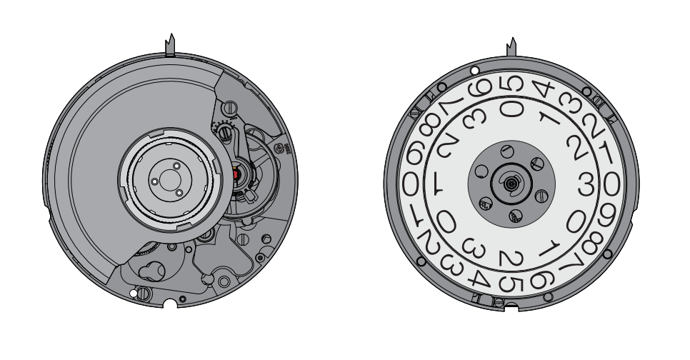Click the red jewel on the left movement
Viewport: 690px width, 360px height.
pos(236,175)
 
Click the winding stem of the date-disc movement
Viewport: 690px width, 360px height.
pos(511,47)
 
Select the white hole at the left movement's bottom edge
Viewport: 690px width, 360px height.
pos(134,293)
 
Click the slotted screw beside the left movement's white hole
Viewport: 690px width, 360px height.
pos(143,294)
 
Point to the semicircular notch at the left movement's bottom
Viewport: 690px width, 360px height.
pos(170,304)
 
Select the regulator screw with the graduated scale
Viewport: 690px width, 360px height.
pos(225,131)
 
